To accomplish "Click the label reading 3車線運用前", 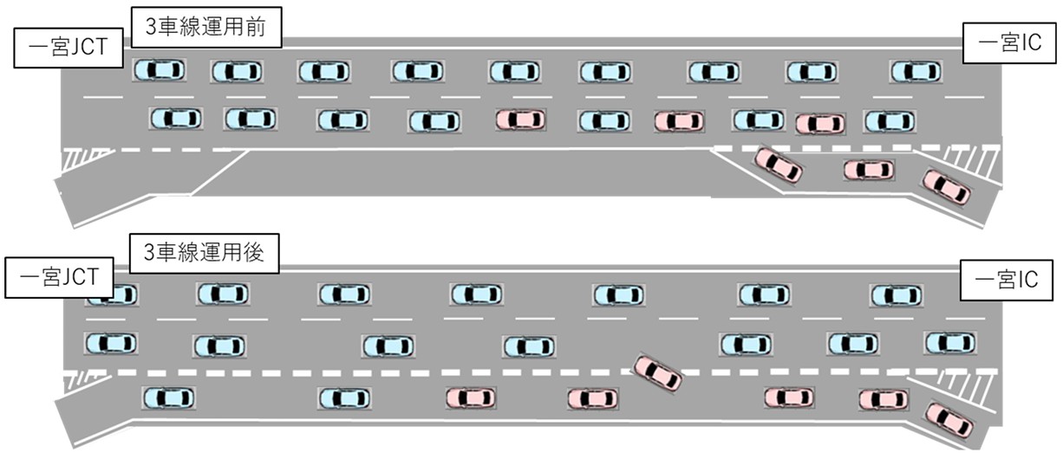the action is (x=206, y=27).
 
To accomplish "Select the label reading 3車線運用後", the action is (x=204, y=253).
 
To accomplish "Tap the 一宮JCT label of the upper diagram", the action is (x=68, y=48).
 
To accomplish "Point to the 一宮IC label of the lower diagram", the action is (x=1006, y=280).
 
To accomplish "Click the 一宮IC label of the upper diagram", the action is (x=1009, y=43).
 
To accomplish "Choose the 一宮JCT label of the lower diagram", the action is (x=59, y=277).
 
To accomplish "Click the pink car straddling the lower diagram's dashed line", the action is (x=658, y=373).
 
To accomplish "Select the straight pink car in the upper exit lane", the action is (x=869, y=171).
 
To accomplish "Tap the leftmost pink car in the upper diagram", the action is (x=520, y=120).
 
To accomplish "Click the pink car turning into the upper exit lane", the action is (x=779, y=165).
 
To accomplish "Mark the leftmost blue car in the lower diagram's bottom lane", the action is (x=169, y=398).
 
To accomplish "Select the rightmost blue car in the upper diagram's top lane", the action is (x=916, y=72).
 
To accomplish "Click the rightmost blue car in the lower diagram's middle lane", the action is (x=950, y=343).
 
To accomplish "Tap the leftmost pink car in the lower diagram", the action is (x=471, y=398).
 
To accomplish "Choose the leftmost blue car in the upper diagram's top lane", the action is (x=160, y=70).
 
